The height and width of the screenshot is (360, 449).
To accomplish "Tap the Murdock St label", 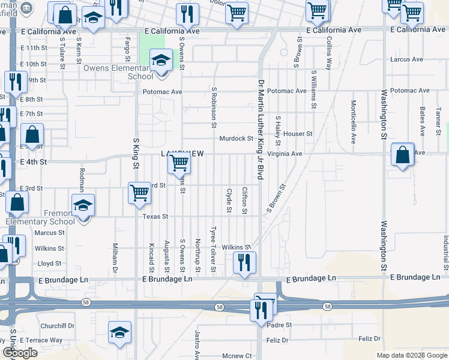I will coord(236,138).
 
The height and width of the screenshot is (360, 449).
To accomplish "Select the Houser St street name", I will coord(298,134).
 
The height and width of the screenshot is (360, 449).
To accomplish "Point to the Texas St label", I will coord(155,216).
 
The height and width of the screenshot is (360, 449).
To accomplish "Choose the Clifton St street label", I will coord(244,200).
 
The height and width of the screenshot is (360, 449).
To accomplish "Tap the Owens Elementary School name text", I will coord(118,72).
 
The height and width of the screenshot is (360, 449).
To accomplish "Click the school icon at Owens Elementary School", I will coord(161,62).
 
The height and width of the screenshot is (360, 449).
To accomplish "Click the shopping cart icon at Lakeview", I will coord(179,163).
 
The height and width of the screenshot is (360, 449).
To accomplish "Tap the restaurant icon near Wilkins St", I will coord(244,262).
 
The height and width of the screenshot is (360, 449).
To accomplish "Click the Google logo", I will coord(20,353).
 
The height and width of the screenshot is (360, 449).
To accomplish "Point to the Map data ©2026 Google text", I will coord(412,355).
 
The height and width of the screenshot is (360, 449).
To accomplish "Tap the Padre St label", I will coord(280,325).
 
